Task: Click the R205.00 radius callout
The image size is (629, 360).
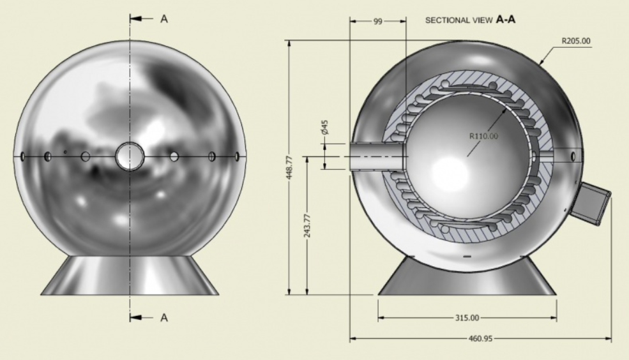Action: click(575, 41)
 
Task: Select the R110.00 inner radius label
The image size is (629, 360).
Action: click(483, 137)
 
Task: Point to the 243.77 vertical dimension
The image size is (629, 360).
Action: click(307, 225)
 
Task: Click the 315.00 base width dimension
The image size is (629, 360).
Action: click(467, 318)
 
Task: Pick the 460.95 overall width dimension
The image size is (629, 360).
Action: click(480, 339)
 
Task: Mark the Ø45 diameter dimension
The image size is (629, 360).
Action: click(325, 127)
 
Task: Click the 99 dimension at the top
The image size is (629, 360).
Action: click(378, 21)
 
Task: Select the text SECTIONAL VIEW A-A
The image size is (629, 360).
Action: click(470, 19)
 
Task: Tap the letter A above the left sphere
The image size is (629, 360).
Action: click(164, 19)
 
